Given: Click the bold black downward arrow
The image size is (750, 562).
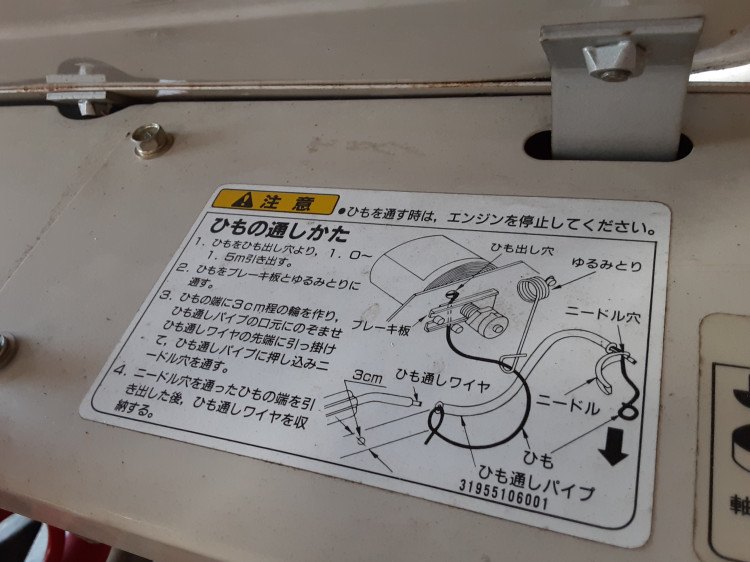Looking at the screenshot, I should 614,452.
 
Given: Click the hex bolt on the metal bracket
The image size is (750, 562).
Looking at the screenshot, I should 611,59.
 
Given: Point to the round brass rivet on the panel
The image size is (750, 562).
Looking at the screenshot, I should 152,140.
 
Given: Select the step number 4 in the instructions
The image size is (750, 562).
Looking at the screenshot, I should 120,370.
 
